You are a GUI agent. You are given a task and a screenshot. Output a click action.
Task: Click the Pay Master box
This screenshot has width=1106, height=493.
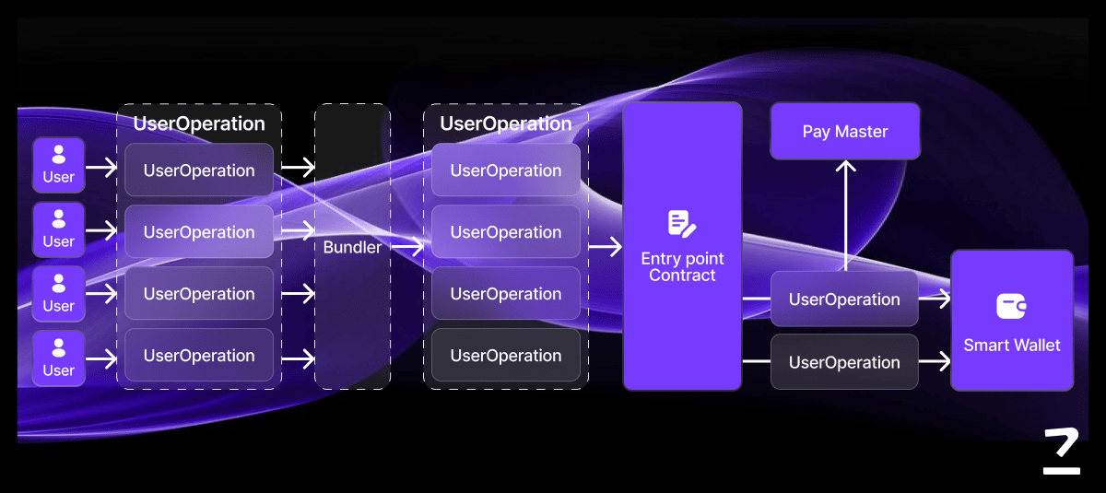(x=845, y=131)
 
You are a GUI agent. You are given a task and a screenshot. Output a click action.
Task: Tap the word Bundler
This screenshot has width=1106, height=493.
(x=352, y=247)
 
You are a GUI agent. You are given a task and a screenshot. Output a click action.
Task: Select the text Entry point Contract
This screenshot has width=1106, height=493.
(x=682, y=267)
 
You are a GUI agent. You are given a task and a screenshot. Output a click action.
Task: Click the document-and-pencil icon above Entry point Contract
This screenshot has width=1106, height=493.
(x=682, y=223)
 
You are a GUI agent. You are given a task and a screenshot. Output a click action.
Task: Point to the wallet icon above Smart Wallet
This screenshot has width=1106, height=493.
(x=1011, y=306)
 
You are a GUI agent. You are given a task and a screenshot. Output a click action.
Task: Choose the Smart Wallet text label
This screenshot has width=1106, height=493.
(x=1011, y=346)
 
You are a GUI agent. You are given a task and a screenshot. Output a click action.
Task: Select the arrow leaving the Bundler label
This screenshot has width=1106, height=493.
(x=406, y=247)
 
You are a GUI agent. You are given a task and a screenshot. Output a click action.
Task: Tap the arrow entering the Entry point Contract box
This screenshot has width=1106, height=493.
(x=604, y=247)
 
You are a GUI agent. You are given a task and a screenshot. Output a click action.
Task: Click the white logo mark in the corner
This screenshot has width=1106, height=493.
(x=1061, y=452)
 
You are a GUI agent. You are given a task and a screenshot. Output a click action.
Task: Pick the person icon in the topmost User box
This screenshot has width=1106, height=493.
(x=59, y=154)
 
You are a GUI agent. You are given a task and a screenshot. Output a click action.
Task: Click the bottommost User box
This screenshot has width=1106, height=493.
(x=59, y=358)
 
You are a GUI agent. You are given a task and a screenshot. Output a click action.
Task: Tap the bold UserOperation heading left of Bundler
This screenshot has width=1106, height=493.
(x=199, y=123)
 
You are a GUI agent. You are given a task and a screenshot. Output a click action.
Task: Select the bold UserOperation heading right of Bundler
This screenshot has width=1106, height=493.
(x=506, y=123)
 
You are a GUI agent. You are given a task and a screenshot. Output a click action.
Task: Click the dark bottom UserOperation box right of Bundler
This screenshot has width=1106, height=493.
(x=506, y=356)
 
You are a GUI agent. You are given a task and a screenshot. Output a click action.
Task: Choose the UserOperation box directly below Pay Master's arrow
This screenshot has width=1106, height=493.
(x=844, y=299)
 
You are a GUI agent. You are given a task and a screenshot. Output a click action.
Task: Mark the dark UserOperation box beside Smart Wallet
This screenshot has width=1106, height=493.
(x=844, y=362)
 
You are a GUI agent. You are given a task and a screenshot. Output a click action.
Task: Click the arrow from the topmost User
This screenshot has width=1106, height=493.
(x=101, y=167)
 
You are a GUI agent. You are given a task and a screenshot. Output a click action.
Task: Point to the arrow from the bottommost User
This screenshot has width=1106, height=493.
(x=101, y=358)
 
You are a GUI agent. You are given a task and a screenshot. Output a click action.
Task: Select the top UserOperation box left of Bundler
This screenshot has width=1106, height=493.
(x=199, y=170)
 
